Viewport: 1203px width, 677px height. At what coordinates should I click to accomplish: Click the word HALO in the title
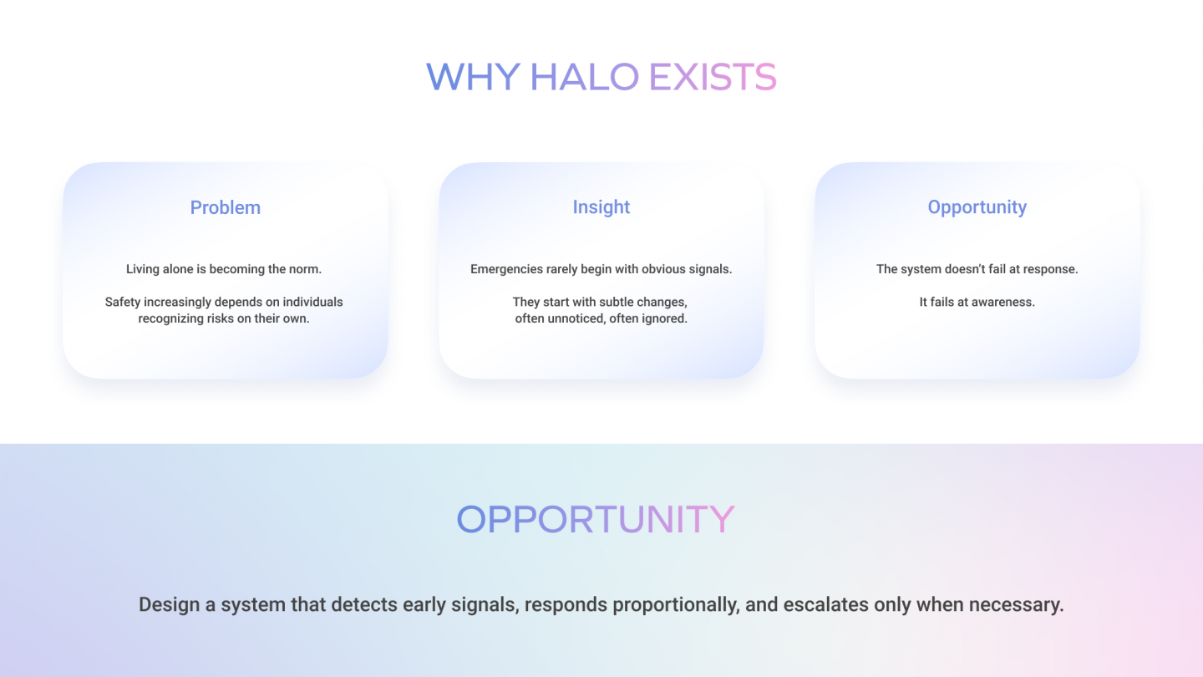coord(584,77)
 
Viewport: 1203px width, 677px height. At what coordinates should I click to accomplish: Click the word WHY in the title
coord(473,77)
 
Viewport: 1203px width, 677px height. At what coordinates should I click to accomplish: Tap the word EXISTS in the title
coord(713,77)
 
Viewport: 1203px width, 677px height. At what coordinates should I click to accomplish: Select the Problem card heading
coord(226,207)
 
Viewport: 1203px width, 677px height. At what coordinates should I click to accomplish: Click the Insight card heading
coord(601,207)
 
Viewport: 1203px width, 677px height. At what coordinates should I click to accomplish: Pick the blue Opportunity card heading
coord(977,207)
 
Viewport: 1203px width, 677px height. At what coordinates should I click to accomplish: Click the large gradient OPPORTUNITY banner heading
coord(595,519)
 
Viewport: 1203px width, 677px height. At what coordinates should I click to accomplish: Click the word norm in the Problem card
coord(305,269)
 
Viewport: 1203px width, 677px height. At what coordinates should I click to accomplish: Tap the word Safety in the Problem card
coord(124,302)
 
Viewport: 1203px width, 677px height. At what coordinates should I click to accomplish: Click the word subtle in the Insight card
coord(618,302)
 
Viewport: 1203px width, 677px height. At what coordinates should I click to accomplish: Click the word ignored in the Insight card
coord(664,318)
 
